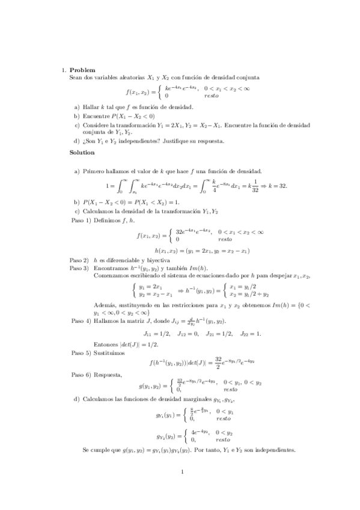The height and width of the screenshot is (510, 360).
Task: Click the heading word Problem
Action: tap(82, 70)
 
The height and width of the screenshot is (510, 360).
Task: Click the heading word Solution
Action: tap(83, 152)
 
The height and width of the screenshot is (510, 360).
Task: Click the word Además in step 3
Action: tap(103, 305)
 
